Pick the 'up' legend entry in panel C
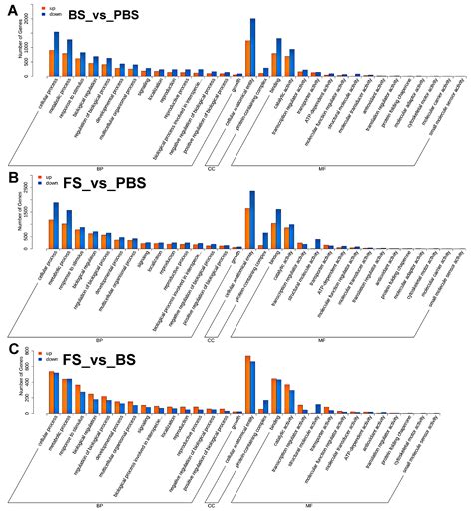coord(42,351)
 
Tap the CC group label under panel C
coord(211,504)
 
